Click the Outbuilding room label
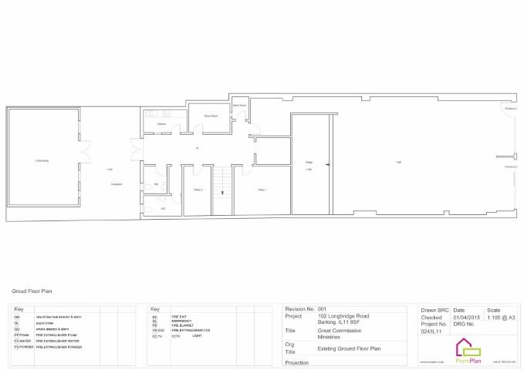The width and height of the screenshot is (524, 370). pyautogui.click(x=42, y=160)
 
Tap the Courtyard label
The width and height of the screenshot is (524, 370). pyautogui.click(x=117, y=184)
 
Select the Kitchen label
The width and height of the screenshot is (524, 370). pyautogui.click(x=161, y=124)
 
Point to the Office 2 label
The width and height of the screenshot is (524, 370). pyautogui.click(x=198, y=190)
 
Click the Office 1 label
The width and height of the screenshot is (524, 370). pyautogui.click(x=262, y=190)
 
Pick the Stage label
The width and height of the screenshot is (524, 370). pyautogui.click(x=309, y=162)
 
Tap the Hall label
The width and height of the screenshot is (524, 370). pyautogui.click(x=398, y=162)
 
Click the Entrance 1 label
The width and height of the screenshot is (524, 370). pyautogui.click(x=511, y=109)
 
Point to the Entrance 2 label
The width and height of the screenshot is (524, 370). pyautogui.click(x=511, y=166)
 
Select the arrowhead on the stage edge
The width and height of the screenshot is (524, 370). pyautogui.click(x=328, y=163)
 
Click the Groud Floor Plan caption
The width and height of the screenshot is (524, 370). pyautogui.click(x=32, y=292)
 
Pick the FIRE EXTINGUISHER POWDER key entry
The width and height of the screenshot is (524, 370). pyautogui.click(x=58, y=347)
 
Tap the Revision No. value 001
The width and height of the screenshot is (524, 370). pyautogui.click(x=323, y=308)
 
